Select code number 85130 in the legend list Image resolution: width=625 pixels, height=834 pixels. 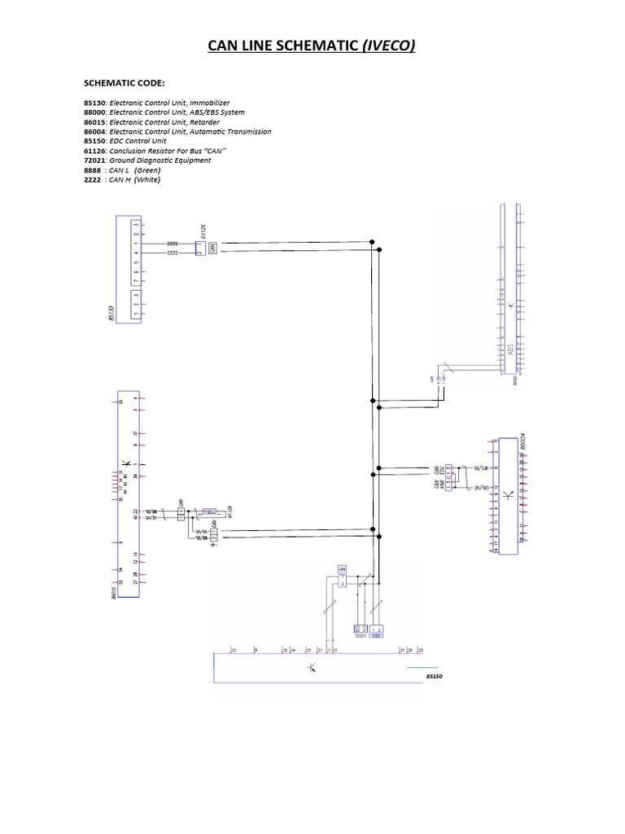pyautogui.click(x=96, y=103)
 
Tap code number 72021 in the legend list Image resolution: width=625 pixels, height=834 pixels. pyautogui.click(x=96, y=160)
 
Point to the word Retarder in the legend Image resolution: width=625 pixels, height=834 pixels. pyautogui.click(x=203, y=122)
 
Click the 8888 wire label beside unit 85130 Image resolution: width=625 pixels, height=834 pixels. pyautogui.click(x=173, y=243)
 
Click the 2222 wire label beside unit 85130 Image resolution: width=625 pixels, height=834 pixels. pyautogui.click(x=173, y=253)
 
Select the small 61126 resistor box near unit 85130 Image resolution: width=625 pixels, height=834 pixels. pyautogui.click(x=199, y=248)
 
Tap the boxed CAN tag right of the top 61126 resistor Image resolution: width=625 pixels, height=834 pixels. pyautogui.click(x=212, y=248)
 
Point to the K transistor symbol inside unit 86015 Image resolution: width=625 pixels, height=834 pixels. pyautogui.click(x=125, y=465)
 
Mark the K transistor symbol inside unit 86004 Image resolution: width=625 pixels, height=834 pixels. pyautogui.click(x=508, y=495)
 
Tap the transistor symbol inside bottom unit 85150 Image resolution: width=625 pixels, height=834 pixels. pyautogui.click(x=312, y=669)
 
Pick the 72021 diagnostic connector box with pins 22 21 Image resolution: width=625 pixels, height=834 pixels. pyautogui.click(x=361, y=629)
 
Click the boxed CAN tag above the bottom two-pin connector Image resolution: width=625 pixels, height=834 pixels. pyautogui.click(x=342, y=568)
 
